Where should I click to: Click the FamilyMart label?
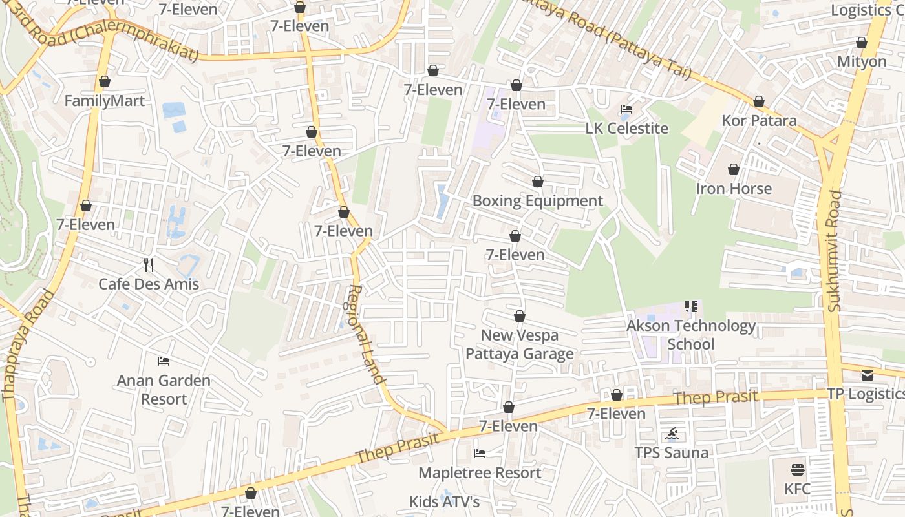tap(105, 101)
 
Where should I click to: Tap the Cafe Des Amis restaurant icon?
tap(149, 264)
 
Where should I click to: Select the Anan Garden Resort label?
tap(164, 390)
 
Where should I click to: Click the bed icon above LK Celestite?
tap(626, 109)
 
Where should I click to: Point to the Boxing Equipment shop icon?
tap(538, 182)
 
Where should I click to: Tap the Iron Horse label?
tap(734, 189)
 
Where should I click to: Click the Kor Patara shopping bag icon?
tap(759, 101)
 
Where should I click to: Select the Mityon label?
tap(862, 61)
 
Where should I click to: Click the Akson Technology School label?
tap(691, 335)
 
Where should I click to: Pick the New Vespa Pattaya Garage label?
tap(520, 344)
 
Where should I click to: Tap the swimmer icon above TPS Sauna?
tap(672, 434)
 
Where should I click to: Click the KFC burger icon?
tap(798, 470)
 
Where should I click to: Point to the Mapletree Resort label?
tap(480, 473)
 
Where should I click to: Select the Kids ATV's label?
tap(445, 502)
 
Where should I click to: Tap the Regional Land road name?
tap(367, 335)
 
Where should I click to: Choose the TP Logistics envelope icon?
tap(867, 375)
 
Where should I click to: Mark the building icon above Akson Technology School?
tap(690, 306)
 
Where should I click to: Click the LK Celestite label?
tap(626, 128)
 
